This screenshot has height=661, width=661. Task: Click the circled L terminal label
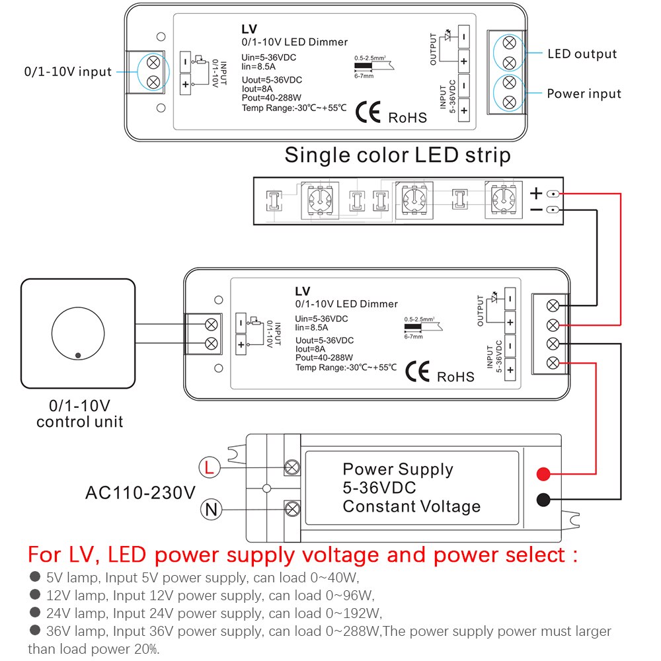pos(209,468)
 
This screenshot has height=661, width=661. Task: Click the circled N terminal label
pos(209,510)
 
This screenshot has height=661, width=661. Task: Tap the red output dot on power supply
pos(543,474)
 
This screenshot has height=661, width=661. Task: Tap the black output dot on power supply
pos(543,500)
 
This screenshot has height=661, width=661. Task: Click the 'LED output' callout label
pos(582,54)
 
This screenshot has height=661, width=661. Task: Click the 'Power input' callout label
pos(584,93)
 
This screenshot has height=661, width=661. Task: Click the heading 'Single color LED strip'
pos(397,155)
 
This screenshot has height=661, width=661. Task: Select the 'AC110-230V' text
pos(141,492)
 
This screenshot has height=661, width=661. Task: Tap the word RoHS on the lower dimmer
pos(455,376)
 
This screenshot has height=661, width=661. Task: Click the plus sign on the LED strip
pos(536,194)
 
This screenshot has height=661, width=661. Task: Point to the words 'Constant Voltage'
pos(411,506)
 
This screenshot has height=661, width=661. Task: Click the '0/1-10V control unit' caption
pos(79,413)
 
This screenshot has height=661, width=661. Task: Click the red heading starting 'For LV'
pos(302,554)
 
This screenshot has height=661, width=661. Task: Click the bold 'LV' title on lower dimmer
pos(303,291)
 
